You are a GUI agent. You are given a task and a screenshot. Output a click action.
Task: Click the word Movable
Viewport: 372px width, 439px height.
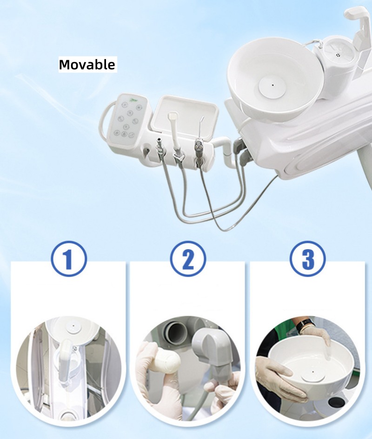(x=87, y=65)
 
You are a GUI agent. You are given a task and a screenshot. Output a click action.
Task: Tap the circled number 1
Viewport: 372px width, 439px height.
(x=68, y=258)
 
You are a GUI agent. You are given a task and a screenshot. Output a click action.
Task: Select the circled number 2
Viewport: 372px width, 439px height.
(x=188, y=258)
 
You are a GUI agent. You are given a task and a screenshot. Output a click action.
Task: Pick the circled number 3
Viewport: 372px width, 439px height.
(x=307, y=258)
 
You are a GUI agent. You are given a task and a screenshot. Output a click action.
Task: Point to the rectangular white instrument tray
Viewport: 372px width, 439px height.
(x=185, y=116)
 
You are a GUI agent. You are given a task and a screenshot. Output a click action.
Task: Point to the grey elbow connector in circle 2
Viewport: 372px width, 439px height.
(x=211, y=351)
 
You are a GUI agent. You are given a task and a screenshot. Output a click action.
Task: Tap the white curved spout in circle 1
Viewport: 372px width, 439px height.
(x=67, y=355)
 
